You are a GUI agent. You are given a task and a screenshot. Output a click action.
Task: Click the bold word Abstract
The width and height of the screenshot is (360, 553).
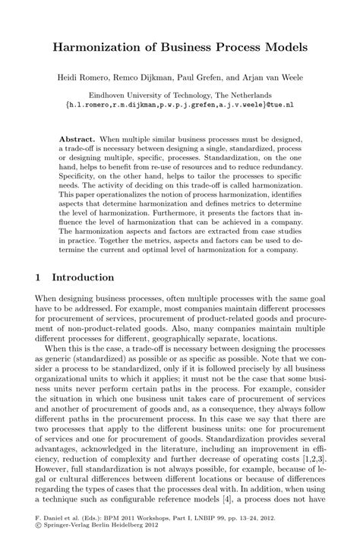pos(76,141)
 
